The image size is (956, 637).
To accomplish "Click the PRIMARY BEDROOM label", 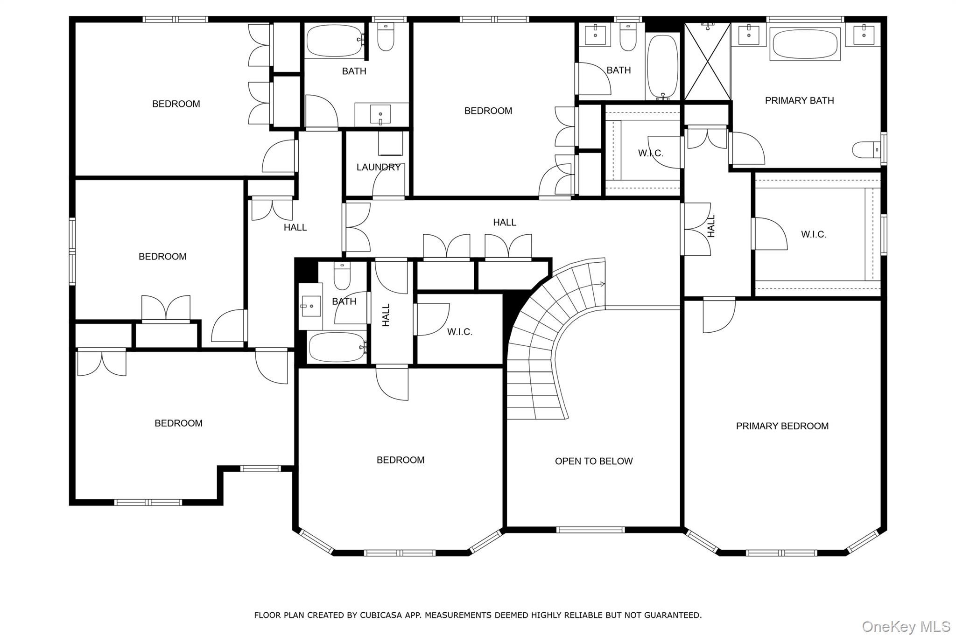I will pyautogui.click(x=782, y=426).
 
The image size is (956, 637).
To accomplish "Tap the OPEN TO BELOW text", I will pyautogui.click(x=593, y=461).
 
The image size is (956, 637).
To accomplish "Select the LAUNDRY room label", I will pyautogui.click(x=378, y=167).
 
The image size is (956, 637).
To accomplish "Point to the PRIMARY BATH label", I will pyautogui.click(x=799, y=100).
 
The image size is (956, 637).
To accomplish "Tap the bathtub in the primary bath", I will pyautogui.click(x=805, y=44).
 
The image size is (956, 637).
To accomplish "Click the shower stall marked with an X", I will pyautogui.click(x=707, y=61).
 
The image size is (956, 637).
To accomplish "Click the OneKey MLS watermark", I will pyautogui.click(x=906, y=626).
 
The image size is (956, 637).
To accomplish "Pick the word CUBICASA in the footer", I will pyautogui.click(x=378, y=615).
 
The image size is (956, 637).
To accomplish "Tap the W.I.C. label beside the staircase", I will pyautogui.click(x=460, y=332).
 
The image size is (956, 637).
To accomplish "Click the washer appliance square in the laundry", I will pyautogui.click(x=390, y=143).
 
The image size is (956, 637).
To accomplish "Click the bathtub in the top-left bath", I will pyautogui.click(x=334, y=41).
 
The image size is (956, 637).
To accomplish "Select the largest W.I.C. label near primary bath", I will pyautogui.click(x=814, y=234).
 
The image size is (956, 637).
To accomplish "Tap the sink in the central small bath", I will pyautogui.click(x=310, y=306).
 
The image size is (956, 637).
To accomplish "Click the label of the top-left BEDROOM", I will pyautogui.click(x=176, y=104).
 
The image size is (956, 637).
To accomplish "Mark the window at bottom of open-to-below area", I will pyautogui.click(x=590, y=529).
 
